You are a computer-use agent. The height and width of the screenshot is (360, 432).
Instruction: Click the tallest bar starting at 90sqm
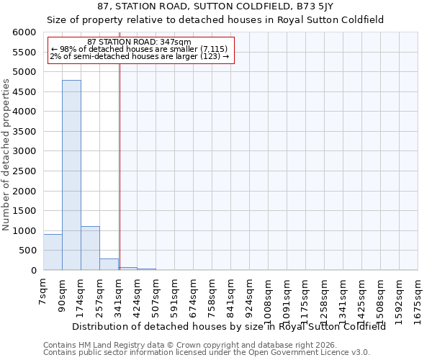pos(71,175)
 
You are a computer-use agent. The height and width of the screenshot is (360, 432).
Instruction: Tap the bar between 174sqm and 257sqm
pos(90,248)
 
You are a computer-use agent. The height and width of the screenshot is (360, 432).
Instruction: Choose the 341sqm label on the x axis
pos(118,294)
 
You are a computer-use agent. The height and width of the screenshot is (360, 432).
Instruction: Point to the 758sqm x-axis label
pos(212,294)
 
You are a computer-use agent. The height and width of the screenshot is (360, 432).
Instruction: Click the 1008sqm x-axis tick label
pos(268,296)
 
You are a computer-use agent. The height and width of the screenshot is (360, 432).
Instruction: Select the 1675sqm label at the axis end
pos(418,296)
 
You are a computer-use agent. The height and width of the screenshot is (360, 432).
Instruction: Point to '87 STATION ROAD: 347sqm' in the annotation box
pos(139,42)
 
